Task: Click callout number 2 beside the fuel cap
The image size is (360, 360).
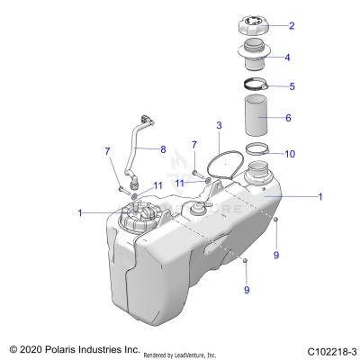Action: (x=292, y=25)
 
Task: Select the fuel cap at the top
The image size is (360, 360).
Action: (x=253, y=24)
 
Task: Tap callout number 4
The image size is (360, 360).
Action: (x=287, y=58)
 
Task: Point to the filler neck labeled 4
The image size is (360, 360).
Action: (x=254, y=57)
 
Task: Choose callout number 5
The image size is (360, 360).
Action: (x=291, y=87)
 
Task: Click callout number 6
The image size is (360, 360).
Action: (x=288, y=118)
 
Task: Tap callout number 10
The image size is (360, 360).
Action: (x=289, y=154)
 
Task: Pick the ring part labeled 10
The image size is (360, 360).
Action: (x=257, y=150)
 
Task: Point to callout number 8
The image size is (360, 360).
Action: (x=163, y=148)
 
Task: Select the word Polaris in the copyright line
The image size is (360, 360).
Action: (x=66, y=347)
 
